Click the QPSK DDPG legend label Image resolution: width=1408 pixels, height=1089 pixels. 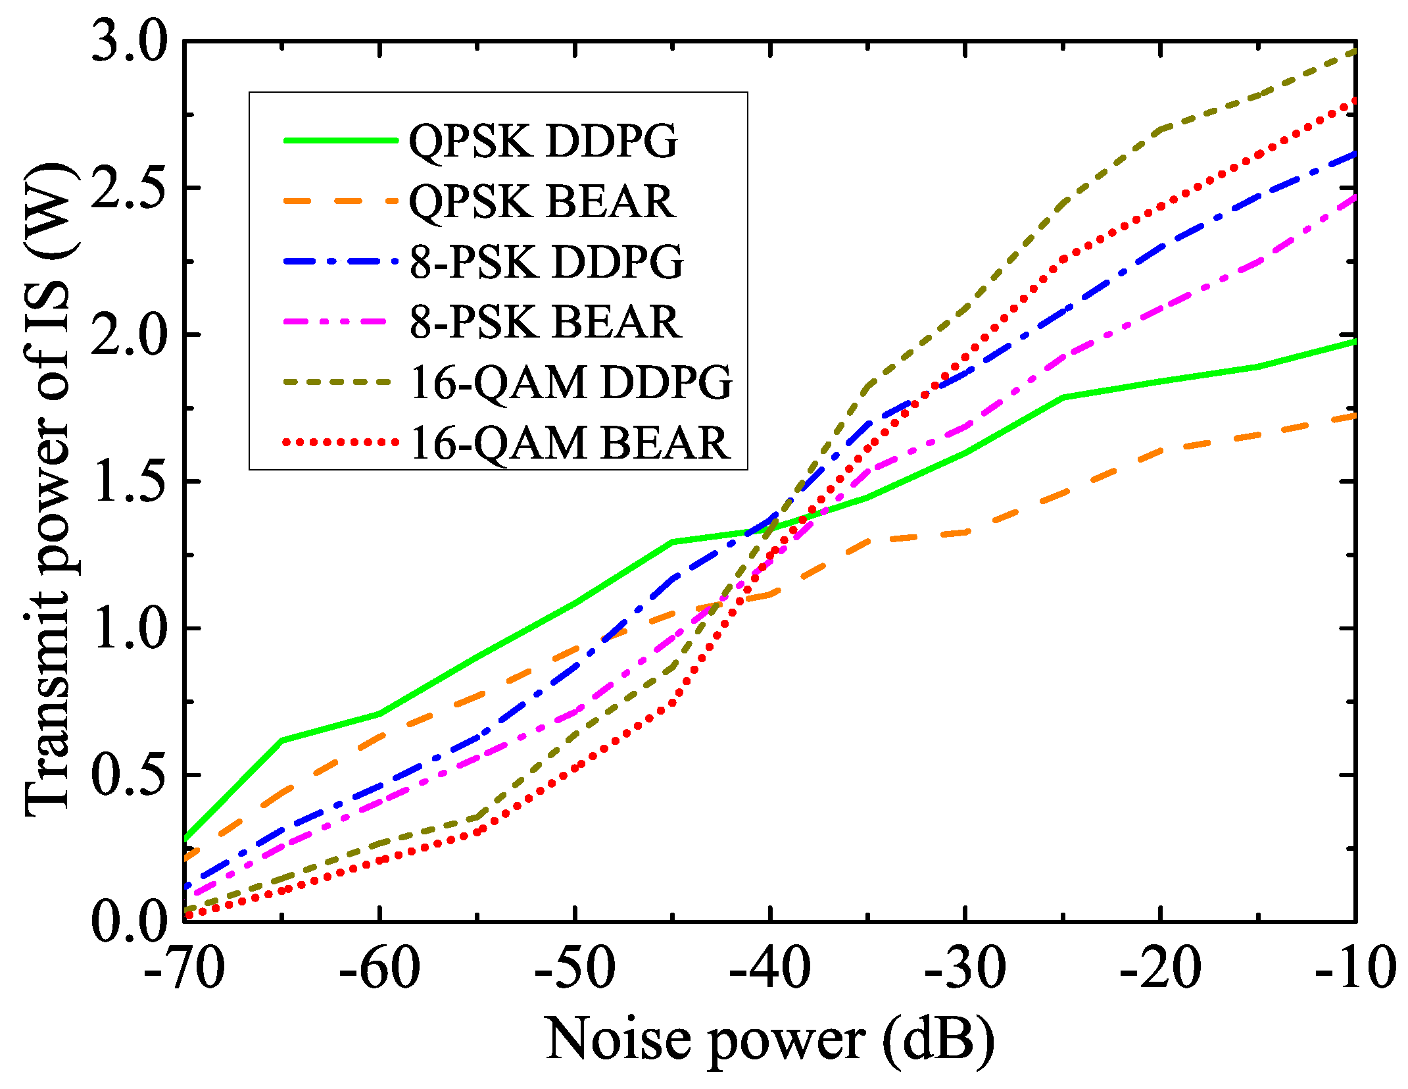point(543,141)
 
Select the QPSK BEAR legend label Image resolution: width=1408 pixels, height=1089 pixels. point(543,201)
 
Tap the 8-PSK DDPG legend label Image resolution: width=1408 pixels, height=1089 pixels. point(546,262)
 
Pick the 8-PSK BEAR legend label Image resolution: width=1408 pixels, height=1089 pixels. point(546,322)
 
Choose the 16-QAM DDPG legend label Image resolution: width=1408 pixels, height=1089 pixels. point(571,383)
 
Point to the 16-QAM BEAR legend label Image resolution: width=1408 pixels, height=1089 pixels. point(570,443)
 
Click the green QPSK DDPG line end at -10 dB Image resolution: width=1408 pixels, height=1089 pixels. point(1353,342)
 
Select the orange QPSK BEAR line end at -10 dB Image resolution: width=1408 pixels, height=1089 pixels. point(1353,416)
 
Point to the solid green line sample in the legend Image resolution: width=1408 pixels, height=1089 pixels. point(341,140)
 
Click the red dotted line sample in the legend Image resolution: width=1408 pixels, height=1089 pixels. point(341,442)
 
